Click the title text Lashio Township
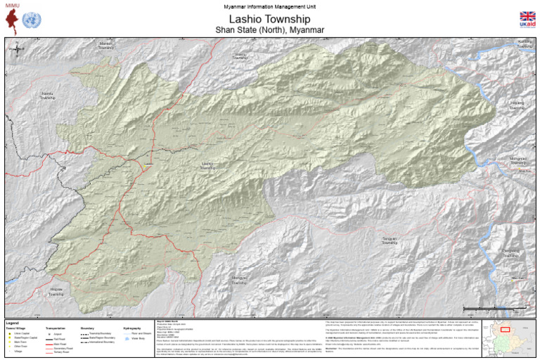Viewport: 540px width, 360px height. tap(270, 18)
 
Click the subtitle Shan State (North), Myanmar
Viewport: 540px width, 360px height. tap(270, 30)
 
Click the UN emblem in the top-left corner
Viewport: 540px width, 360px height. tap(31, 20)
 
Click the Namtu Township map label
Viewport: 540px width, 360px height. tap(47, 96)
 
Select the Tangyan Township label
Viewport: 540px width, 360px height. tap(389, 241)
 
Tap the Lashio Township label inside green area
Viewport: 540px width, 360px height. tap(208, 167)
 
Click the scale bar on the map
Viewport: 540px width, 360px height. tap(492, 309)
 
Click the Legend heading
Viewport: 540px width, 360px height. tap(15, 322)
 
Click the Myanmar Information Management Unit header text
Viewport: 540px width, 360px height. tap(270, 6)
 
